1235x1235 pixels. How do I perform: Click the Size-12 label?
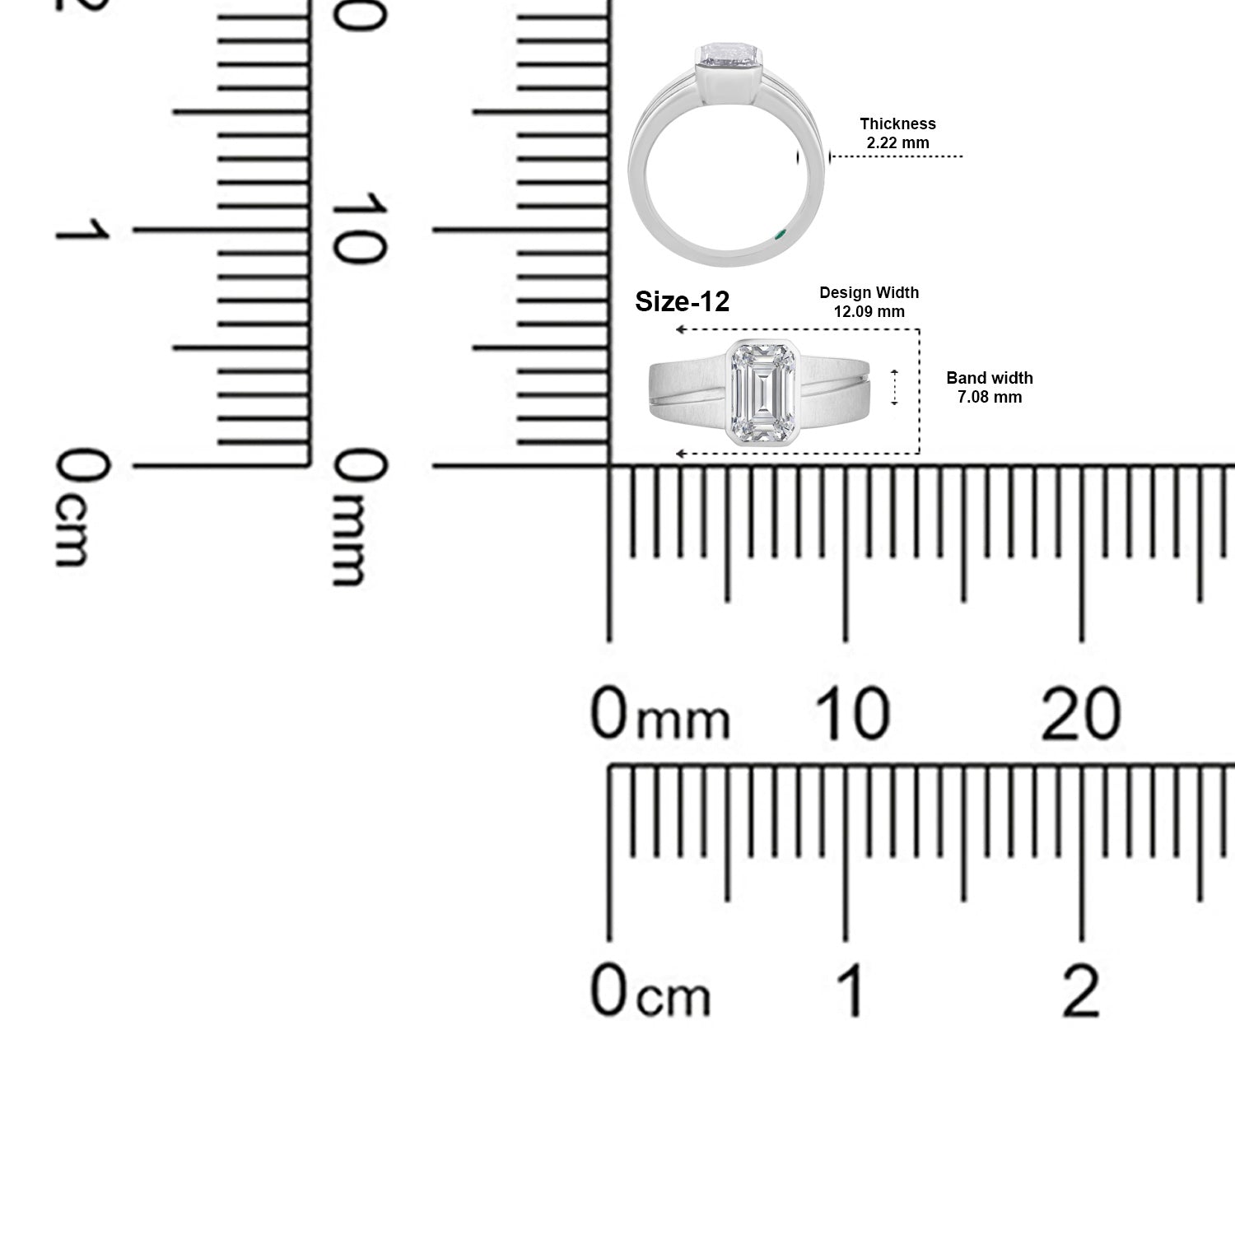pos(683,302)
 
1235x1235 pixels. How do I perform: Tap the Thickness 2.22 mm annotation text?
pos(897,133)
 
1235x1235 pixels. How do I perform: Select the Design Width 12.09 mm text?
pos(869,302)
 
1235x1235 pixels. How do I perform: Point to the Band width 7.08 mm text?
pos(989,388)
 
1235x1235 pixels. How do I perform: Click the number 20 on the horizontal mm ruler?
pos(1080,714)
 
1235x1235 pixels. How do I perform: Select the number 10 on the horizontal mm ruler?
pos(852,714)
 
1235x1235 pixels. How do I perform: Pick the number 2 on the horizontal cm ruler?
pos(1081,990)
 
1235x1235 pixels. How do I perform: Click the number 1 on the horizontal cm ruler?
pos(852,990)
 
